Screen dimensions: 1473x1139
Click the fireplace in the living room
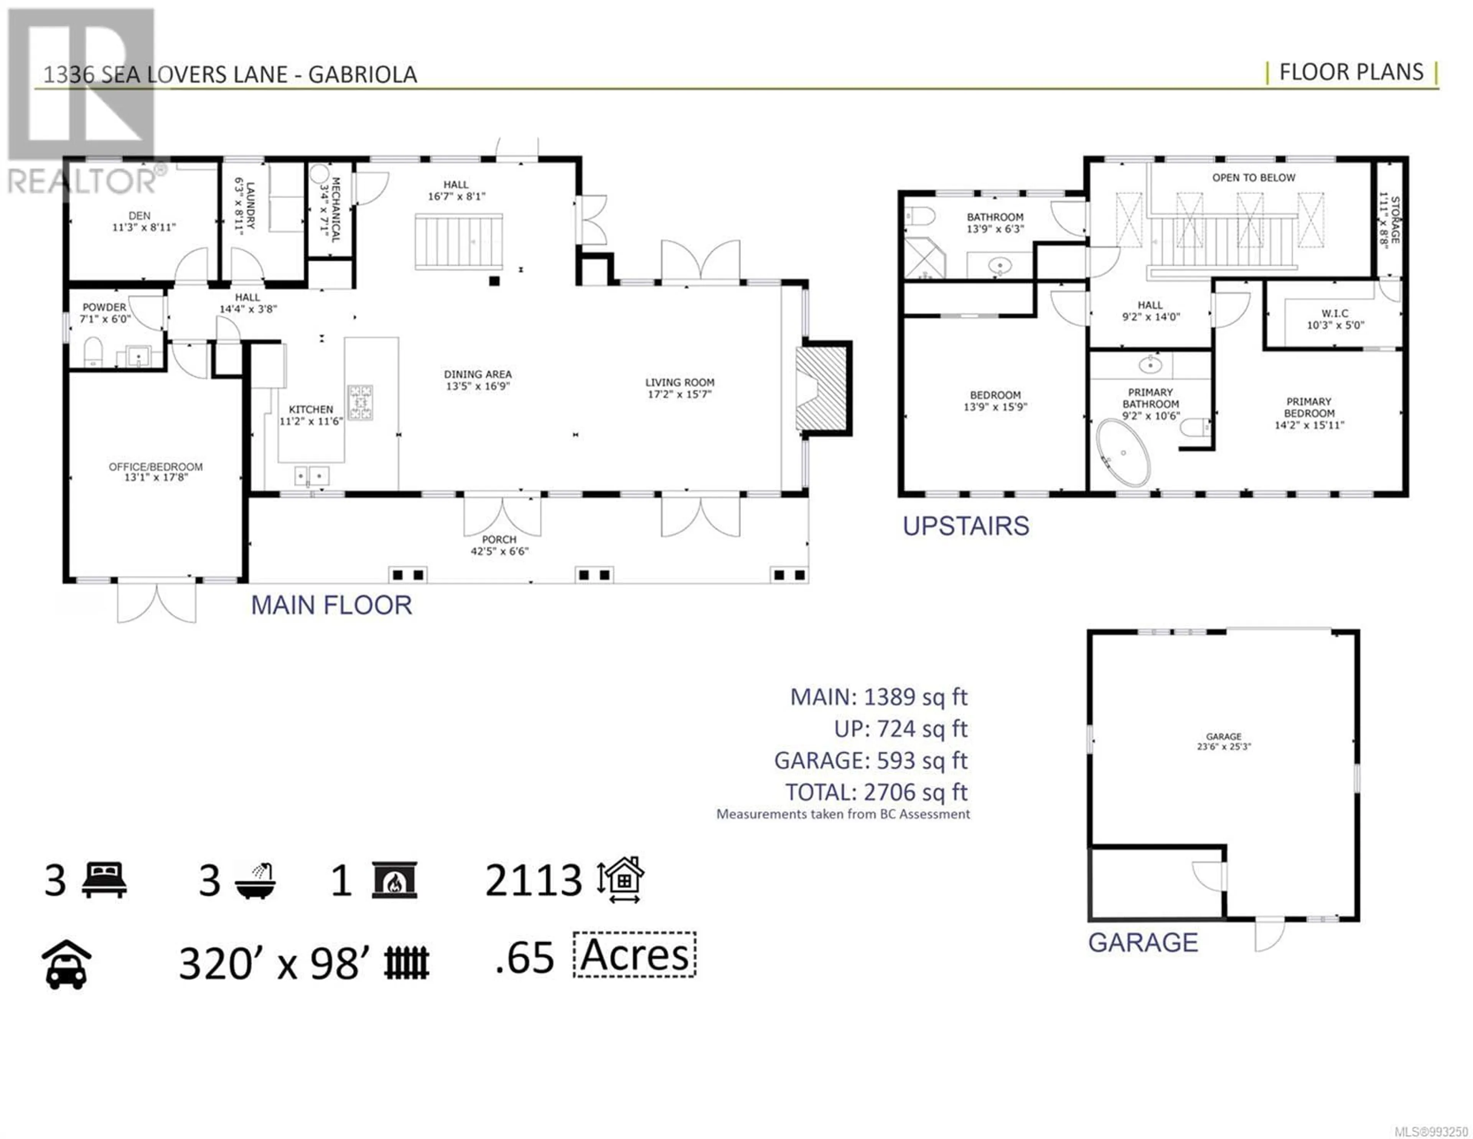pyautogui.click(x=823, y=389)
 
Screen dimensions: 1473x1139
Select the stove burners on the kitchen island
pyautogui.click(x=360, y=402)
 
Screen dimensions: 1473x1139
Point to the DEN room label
pyautogui.click(x=140, y=216)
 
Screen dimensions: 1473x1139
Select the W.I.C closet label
pyautogui.click(x=1335, y=313)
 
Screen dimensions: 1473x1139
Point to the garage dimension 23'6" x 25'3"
pyautogui.click(x=1224, y=747)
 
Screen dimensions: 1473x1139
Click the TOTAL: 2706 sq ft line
pyautogui.click(x=876, y=792)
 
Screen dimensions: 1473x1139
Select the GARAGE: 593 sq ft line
pyautogui.click(x=871, y=760)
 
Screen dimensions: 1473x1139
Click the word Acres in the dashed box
pyautogui.click(x=635, y=955)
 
